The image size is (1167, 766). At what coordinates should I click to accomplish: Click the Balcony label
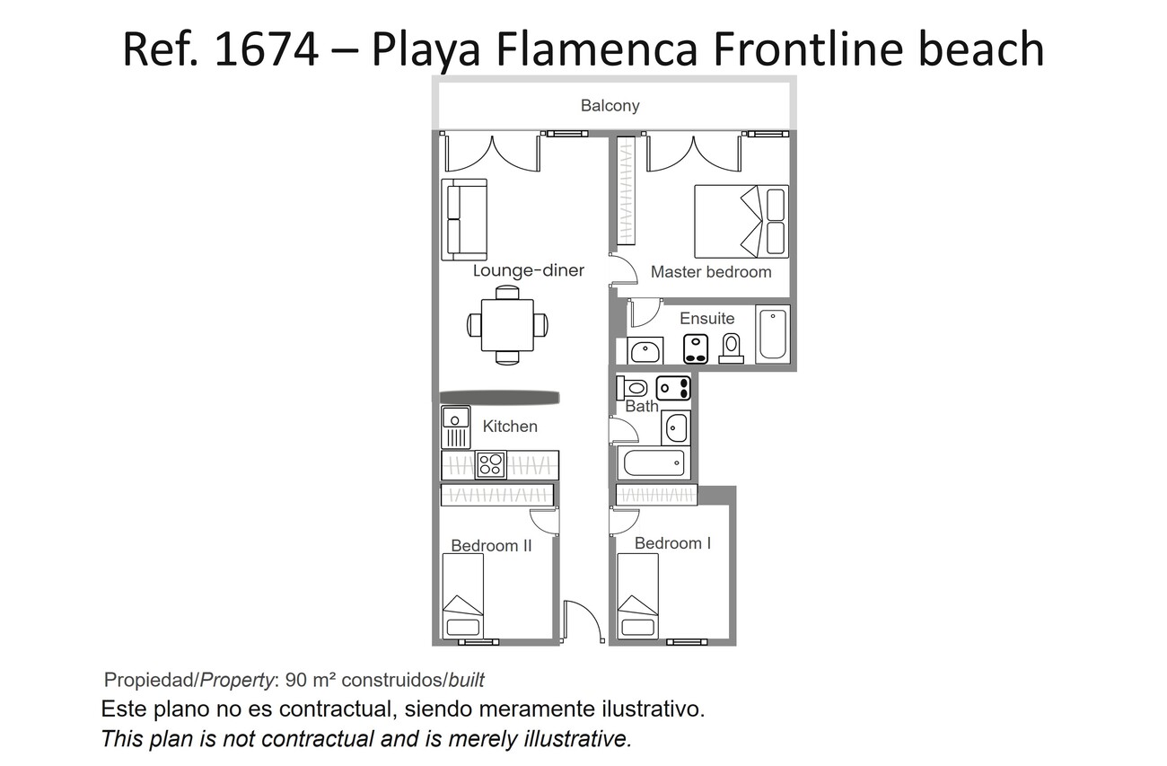point(610,106)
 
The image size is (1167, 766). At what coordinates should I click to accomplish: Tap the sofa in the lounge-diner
point(464,219)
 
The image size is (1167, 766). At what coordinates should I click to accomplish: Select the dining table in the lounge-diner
point(507,325)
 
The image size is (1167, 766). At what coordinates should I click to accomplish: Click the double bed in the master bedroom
point(741,221)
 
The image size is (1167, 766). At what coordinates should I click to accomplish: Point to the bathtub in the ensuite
point(773,334)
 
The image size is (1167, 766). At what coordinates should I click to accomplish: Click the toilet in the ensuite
point(731,348)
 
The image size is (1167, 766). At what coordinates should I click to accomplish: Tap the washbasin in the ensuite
point(645,351)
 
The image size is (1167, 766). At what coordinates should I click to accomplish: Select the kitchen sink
point(456,427)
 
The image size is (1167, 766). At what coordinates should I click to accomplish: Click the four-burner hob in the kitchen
point(490,465)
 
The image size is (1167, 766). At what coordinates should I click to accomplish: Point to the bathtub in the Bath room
point(654,462)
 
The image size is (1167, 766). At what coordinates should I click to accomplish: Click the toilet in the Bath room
point(631,388)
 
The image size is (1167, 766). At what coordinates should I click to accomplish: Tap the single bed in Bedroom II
point(462,595)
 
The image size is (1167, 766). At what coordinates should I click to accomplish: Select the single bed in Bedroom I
point(637,595)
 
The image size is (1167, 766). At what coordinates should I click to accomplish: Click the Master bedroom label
point(711,272)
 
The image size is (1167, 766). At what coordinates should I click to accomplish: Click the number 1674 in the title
point(267,49)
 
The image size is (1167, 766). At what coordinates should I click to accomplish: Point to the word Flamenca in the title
point(597,49)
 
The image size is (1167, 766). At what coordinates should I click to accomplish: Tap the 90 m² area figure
point(310,680)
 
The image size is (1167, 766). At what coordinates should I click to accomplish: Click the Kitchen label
point(510,427)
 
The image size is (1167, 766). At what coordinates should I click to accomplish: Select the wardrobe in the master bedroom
point(627,190)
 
